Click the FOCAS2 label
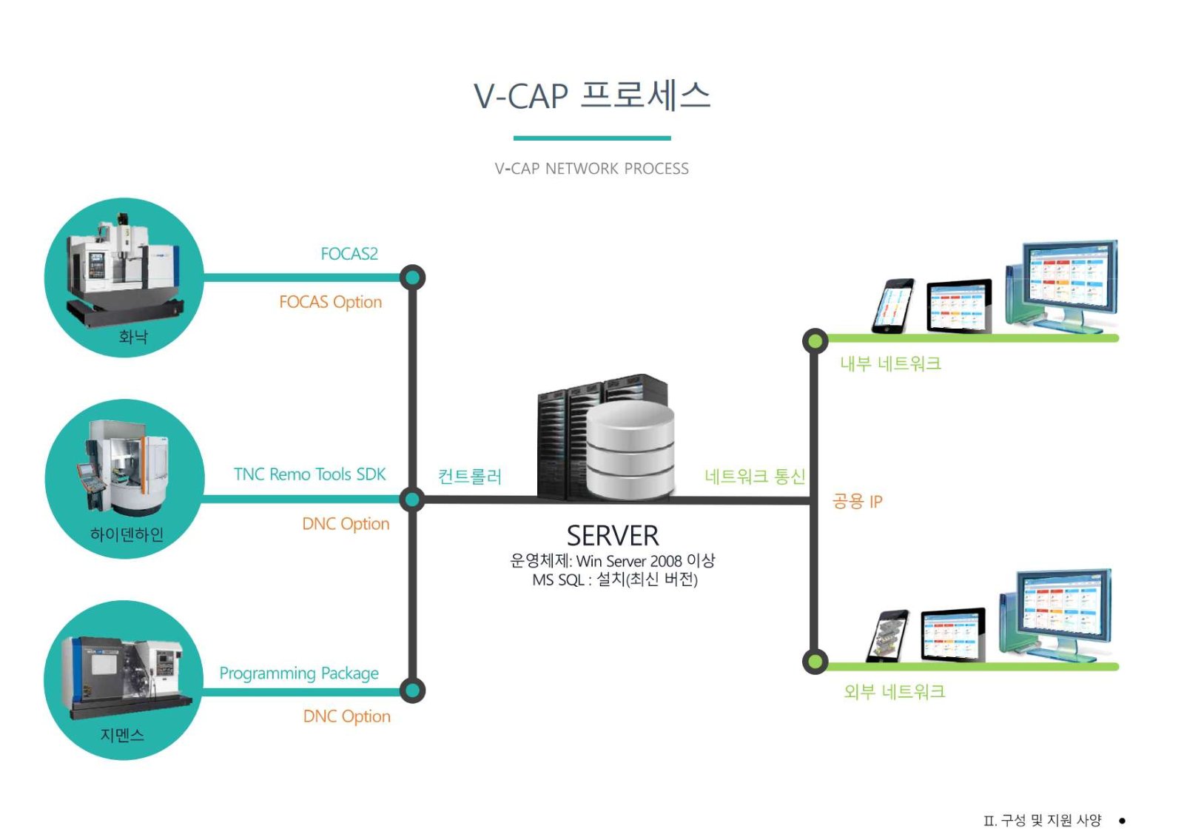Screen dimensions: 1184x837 tap(349, 254)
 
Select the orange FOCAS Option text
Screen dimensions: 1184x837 tap(330, 302)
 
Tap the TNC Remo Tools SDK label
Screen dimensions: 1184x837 tap(310, 474)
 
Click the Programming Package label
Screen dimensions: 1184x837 tap(299, 673)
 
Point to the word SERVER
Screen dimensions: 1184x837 tap(613, 536)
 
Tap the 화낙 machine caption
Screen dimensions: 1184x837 tap(133, 337)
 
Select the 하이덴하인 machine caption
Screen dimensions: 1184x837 tap(127, 534)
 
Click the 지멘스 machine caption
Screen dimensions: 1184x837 tap(123, 734)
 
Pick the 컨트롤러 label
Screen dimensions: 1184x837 tap(470, 477)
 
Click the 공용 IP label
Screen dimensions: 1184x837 tap(858, 501)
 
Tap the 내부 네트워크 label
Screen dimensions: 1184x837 tap(891, 363)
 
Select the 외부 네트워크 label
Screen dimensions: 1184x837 tap(895, 692)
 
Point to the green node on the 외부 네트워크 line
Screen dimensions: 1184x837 tap(815, 662)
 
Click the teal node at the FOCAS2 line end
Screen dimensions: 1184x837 tap(413, 278)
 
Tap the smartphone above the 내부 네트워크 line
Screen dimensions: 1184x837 tap(893, 306)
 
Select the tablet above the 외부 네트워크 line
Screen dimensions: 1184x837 tap(953, 634)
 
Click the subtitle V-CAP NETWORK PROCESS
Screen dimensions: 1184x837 tap(591, 169)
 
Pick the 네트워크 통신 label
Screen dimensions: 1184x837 tap(756, 477)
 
